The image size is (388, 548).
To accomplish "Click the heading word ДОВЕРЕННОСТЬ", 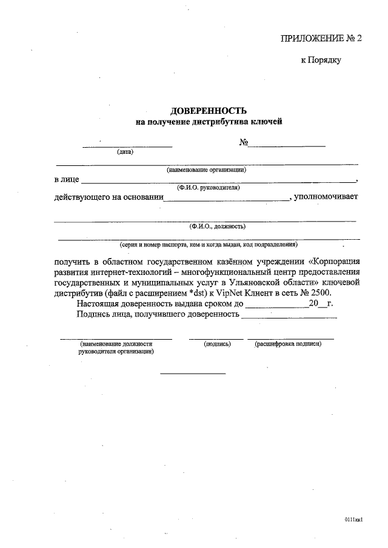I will coord(209,111).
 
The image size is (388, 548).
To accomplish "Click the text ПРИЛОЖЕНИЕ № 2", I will coord(321,38).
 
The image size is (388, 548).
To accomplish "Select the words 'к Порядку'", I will coord(321,61).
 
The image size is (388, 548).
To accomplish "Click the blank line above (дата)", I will coord(127,147).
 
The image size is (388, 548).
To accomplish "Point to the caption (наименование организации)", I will coord(206,170).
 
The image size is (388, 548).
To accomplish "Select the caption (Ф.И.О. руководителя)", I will coord(209,188).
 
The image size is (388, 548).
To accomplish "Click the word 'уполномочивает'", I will coord(326,197).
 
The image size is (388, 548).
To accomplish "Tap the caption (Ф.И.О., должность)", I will coord(209,226).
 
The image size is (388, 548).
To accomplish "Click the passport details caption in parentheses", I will coord(209,245).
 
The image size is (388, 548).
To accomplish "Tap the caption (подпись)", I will coord(217,343).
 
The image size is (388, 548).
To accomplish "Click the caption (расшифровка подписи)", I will coord(288,343).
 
